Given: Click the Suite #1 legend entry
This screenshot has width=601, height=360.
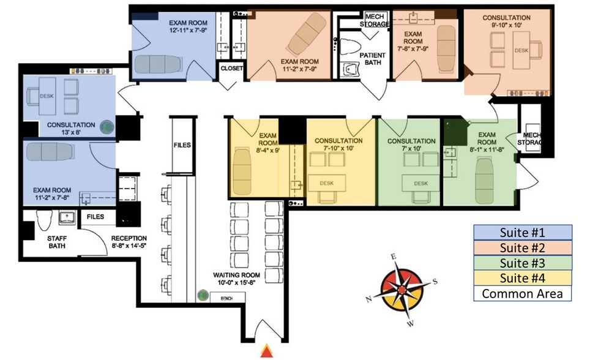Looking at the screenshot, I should click(x=522, y=232).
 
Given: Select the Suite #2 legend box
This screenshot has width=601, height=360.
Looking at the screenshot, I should click(x=522, y=247).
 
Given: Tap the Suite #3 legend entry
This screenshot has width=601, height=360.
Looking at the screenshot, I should click(x=522, y=263).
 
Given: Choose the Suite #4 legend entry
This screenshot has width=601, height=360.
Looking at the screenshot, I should click(x=522, y=278).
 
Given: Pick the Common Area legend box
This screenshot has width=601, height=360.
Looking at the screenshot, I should click(x=522, y=293).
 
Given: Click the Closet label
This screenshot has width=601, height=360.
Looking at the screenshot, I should click(x=231, y=69).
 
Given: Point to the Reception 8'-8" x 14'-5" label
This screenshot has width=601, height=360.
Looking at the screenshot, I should click(x=129, y=242).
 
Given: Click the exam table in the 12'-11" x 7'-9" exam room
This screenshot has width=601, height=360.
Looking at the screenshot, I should click(x=158, y=64).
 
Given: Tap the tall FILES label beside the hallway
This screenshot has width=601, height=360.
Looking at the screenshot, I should click(x=182, y=145).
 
